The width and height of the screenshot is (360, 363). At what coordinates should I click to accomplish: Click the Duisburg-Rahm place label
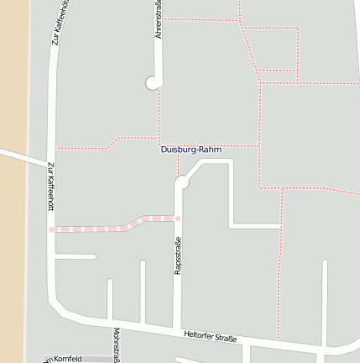click(191, 150)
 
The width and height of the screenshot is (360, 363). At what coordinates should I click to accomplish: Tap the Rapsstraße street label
click(178, 258)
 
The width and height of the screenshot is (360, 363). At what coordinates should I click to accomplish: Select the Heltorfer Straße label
click(210, 337)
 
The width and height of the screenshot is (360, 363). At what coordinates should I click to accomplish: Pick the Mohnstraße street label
click(116, 345)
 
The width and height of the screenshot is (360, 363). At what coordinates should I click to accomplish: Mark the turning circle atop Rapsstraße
click(181, 182)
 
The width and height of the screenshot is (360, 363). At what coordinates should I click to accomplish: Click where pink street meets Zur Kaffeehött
click(52, 229)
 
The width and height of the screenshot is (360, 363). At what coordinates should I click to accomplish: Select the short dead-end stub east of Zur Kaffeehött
click(76, 256)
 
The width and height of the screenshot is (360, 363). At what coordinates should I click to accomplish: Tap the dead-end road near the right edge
click(325, 302)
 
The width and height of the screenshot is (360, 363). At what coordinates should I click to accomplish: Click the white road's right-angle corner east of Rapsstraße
click(231, 225)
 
